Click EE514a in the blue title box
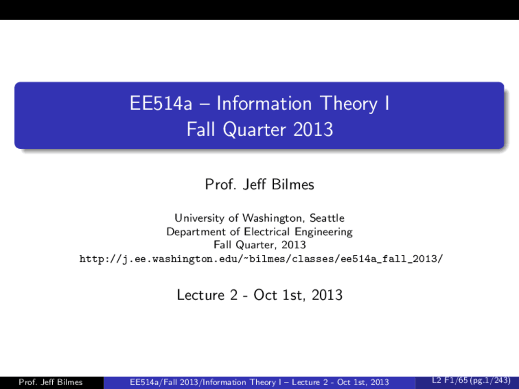[x=161, y=103]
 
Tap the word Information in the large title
[x=264, y=103]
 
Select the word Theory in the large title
[x=349, y=104]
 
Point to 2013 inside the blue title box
[x=313, y=130]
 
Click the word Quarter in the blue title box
[x=254, y=130]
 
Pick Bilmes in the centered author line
[x=293, y=184]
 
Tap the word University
[x=199, y=218]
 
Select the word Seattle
[x=327, y=218]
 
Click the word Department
[x=196, y=232]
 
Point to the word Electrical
[x=267, y=231]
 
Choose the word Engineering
[x=324, y=232]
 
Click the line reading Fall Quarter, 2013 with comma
[x=259, y=245]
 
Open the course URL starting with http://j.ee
[x=261, y=259]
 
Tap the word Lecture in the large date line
[x=201, y=295]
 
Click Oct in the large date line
[x=265, y=295]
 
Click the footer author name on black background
[x=51, y=382]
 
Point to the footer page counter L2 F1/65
[x=471, y=380]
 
